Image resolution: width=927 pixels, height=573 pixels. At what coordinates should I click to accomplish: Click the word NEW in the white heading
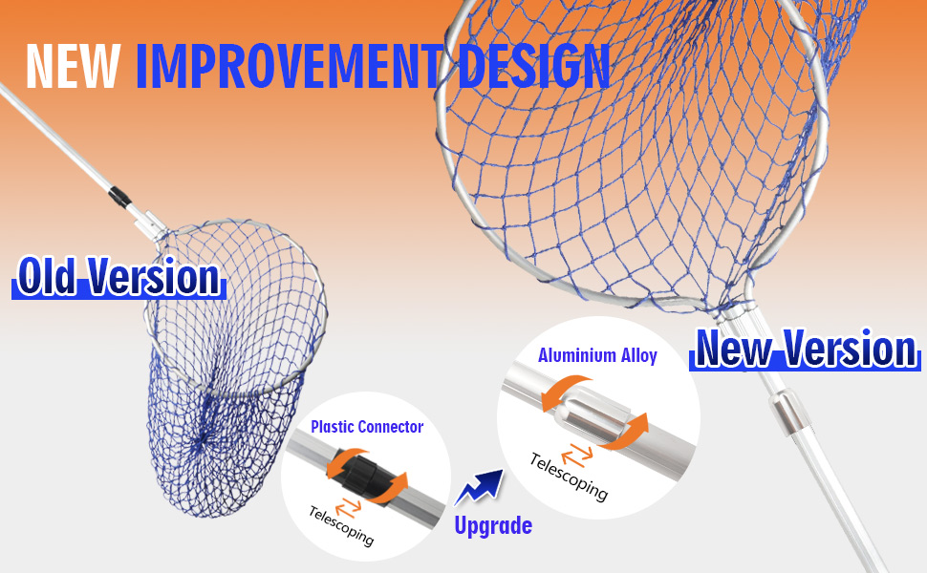click(73, 66)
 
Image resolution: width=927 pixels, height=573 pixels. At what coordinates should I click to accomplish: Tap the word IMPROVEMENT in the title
click(290, 66)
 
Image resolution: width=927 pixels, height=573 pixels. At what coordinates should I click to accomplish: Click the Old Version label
click(119, 276)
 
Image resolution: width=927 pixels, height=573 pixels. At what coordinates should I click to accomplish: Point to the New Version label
click(806, 350)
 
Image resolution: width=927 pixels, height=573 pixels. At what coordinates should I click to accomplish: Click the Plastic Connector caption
click(367, 427)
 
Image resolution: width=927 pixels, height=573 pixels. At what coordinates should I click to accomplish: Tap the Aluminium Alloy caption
click(597, 355)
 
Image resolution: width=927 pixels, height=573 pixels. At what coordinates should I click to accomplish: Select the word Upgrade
click(493, 525)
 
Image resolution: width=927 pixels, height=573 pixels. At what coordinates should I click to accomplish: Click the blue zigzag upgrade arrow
click(480, 487)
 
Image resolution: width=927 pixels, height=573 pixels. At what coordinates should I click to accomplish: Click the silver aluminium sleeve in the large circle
click(597, 415)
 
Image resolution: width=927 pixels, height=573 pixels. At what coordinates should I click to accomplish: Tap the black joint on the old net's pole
click(119, 198)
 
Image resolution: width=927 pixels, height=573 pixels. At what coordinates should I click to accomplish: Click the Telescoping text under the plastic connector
click(341, 526)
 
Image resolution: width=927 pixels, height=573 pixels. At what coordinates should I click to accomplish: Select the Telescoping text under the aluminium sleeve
click(569, 477)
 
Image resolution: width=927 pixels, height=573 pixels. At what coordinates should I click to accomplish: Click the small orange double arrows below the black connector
click(348, 507)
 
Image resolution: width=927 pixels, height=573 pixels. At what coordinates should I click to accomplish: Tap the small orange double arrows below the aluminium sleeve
click(577, 455)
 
